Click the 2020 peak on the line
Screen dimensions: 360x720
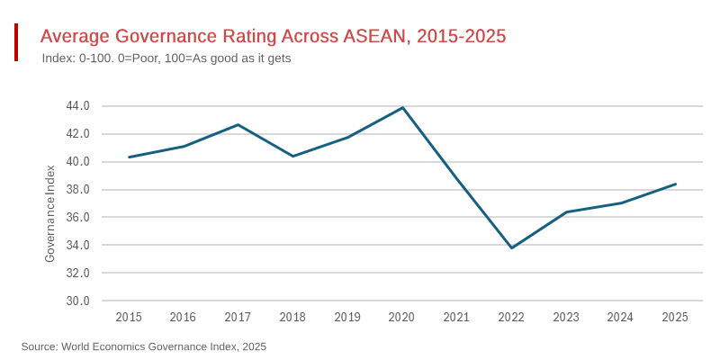tap(402, 108)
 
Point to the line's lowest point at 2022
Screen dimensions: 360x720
tap(511, 247)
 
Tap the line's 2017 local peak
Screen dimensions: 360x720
tap(238, 124)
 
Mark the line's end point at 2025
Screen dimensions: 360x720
tap(675, 184)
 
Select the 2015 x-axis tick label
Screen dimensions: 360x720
tap(129, 317)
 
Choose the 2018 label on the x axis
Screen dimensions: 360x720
tap(292, 317)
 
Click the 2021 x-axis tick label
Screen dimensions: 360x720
tap(456, 317)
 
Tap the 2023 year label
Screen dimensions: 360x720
tap(566, 317)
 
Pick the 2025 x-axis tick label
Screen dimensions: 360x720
tap(675, 317)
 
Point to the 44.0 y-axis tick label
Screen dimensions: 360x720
tap(77, 106)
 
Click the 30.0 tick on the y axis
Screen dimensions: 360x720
tap(77, 301)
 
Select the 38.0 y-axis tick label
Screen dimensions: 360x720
tap(77, 190)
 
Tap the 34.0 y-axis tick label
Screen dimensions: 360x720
tap(77, 246)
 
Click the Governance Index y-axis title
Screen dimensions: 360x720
tap(50, 214)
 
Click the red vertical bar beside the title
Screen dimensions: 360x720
tap(16, 42)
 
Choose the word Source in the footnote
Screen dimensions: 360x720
tap(39, 346)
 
